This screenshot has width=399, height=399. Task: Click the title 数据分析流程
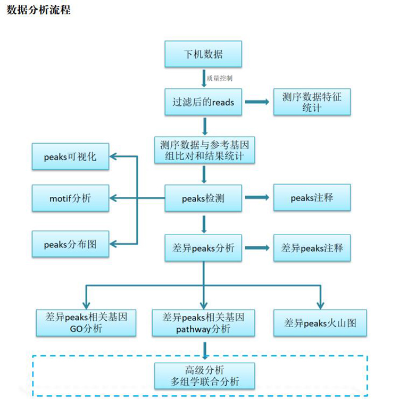[38, 10]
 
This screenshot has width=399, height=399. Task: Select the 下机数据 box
[203, 54]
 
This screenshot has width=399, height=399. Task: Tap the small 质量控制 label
[220, 78]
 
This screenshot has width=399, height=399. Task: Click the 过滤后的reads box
[203, 102]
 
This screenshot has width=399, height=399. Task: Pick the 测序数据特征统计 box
[312, 102]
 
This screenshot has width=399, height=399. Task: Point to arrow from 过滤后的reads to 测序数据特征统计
[257, 102]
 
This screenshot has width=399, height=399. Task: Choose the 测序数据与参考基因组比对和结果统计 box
[203, 150]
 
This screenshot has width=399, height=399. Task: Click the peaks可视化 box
[70, 156]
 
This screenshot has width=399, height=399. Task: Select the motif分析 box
[70, 198]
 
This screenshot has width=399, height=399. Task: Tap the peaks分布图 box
[70, 245]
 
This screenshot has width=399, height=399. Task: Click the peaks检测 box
[203, 198]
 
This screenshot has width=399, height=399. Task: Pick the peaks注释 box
[312, 197]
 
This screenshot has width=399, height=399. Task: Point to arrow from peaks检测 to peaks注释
[257, 198]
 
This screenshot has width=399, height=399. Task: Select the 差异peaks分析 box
[203, 247]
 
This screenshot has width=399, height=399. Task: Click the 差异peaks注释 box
[312, 247]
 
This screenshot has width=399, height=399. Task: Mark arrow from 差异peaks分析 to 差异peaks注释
[257, 247]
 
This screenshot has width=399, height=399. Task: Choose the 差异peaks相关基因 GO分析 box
[86, 322]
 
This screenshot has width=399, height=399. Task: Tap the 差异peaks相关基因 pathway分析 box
[203, 322]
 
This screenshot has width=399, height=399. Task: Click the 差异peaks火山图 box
[320, 322]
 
